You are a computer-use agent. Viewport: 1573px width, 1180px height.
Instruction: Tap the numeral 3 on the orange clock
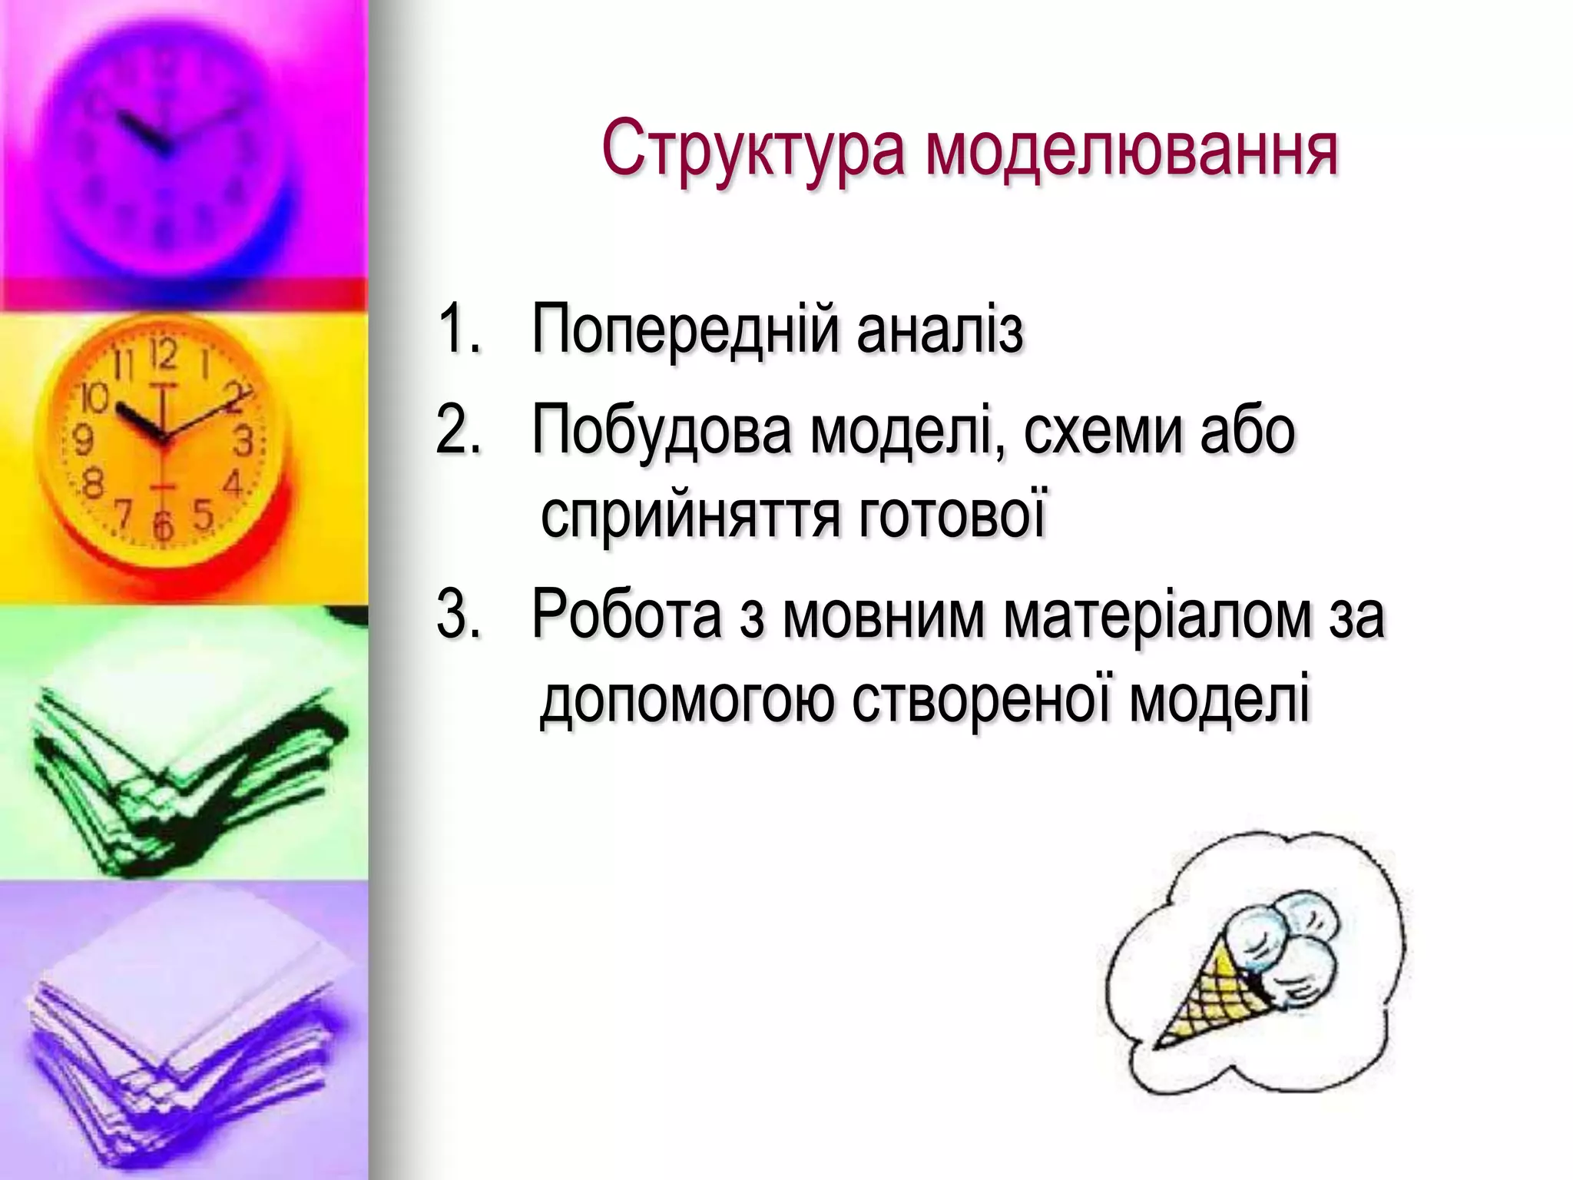243,442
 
